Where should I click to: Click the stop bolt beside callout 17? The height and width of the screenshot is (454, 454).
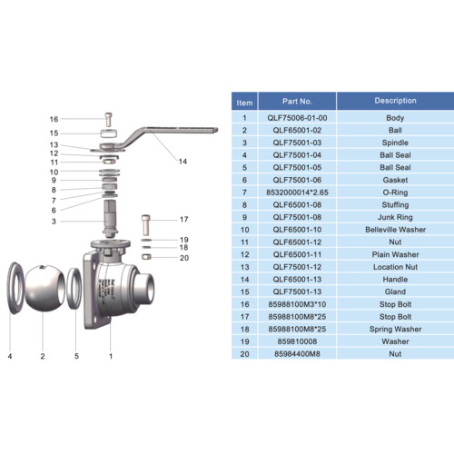point(146,224)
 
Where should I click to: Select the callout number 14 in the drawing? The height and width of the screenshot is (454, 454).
point(183,162)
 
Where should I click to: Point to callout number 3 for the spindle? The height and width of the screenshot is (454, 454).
point(53,221)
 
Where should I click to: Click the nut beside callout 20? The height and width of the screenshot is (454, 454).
point(147,257)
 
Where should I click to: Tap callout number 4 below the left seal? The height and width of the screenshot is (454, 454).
point(9,357)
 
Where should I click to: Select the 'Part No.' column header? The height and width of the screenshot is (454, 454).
point(297,101)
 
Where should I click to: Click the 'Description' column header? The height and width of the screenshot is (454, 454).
point(395,101)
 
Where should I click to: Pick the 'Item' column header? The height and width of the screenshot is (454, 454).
point(243,101)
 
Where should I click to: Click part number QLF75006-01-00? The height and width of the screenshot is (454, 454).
point(297,117)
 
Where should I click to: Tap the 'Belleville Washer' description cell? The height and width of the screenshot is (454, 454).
point(395,231)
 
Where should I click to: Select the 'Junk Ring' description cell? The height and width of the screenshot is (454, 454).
point(395,218)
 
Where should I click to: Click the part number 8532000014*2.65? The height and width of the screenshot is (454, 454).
point(297,192)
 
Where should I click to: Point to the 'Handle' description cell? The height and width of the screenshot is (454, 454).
point(395,281)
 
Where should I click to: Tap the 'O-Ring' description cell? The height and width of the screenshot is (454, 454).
point(395,192)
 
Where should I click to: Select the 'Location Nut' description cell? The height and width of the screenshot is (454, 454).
point(395,268)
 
